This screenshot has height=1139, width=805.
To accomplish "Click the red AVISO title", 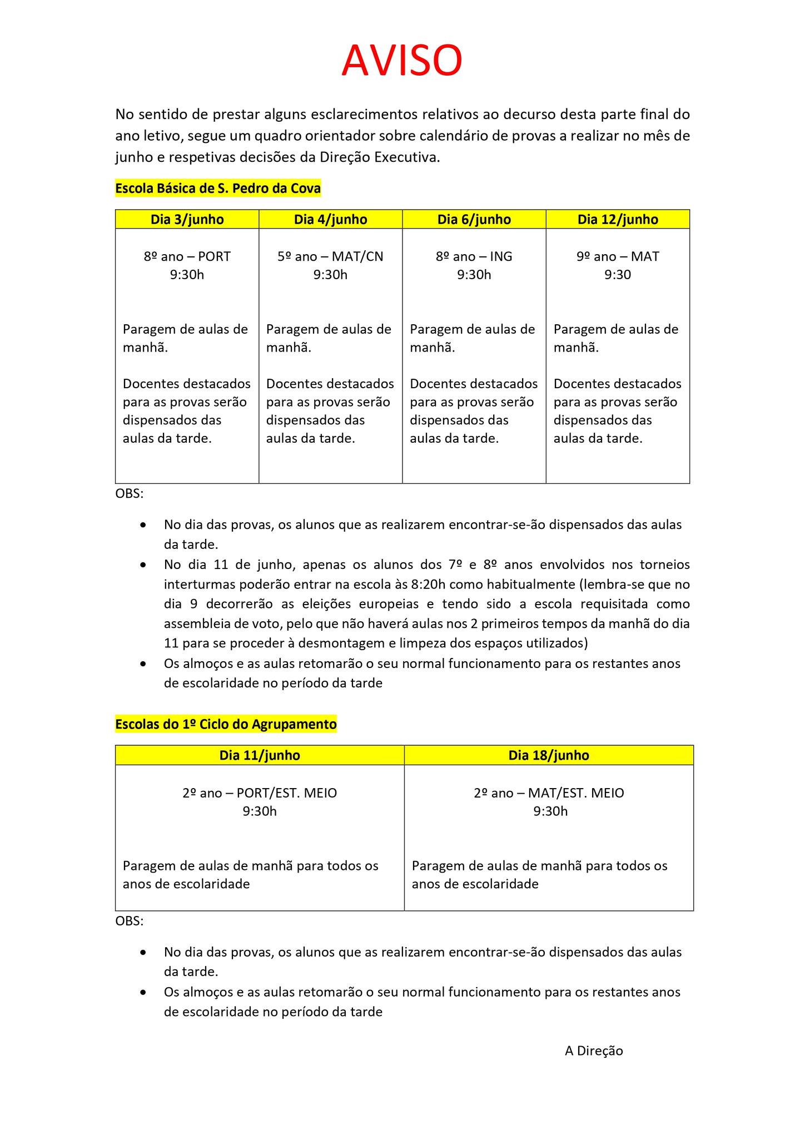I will pyautogui.click(x=401, y=61).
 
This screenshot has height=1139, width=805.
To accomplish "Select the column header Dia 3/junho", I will pyautogui.click(x=187, y=220).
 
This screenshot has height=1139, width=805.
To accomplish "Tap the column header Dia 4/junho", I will pyautogui.click(x=330, y=220).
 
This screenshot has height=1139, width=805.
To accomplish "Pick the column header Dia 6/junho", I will pyautogui.click(x=474, y=220).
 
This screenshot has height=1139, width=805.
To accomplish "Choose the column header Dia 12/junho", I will pyautogui.click(x=618, y=220).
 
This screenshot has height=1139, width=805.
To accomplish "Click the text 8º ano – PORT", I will pyautogui.click(x=187, y=256).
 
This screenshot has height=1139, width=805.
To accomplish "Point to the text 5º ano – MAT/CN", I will pyautogui.click(x=330, y=256).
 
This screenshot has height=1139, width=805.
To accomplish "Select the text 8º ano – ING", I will pyautogui.click(x=474, y=256).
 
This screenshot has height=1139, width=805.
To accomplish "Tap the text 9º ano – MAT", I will pyautogui.click(x=618, y=256).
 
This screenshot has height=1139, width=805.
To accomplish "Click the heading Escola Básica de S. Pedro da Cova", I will pyautogui.click(x=218, y=189).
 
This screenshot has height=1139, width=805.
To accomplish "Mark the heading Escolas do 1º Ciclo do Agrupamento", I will pyautogui.click(x=226, y=724).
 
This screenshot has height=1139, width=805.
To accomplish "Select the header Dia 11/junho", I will pyautogui.click(x=260, y=755).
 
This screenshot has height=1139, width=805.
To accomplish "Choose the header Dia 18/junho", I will pyautogui.click(x=549, y=755).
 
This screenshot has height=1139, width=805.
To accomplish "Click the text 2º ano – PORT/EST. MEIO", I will pyautogui.click(x=260, y=793).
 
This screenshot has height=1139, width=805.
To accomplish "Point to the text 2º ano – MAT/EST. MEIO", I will pyautogui.click(x=549, y=793).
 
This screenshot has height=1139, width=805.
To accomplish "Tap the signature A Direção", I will pyautogui.click(x=594, y=1051).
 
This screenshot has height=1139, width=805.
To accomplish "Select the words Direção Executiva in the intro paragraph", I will pyautogui.click(x=379, y=157).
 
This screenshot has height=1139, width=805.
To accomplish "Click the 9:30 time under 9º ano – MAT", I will pyautogui.click(x=618, y=275).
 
